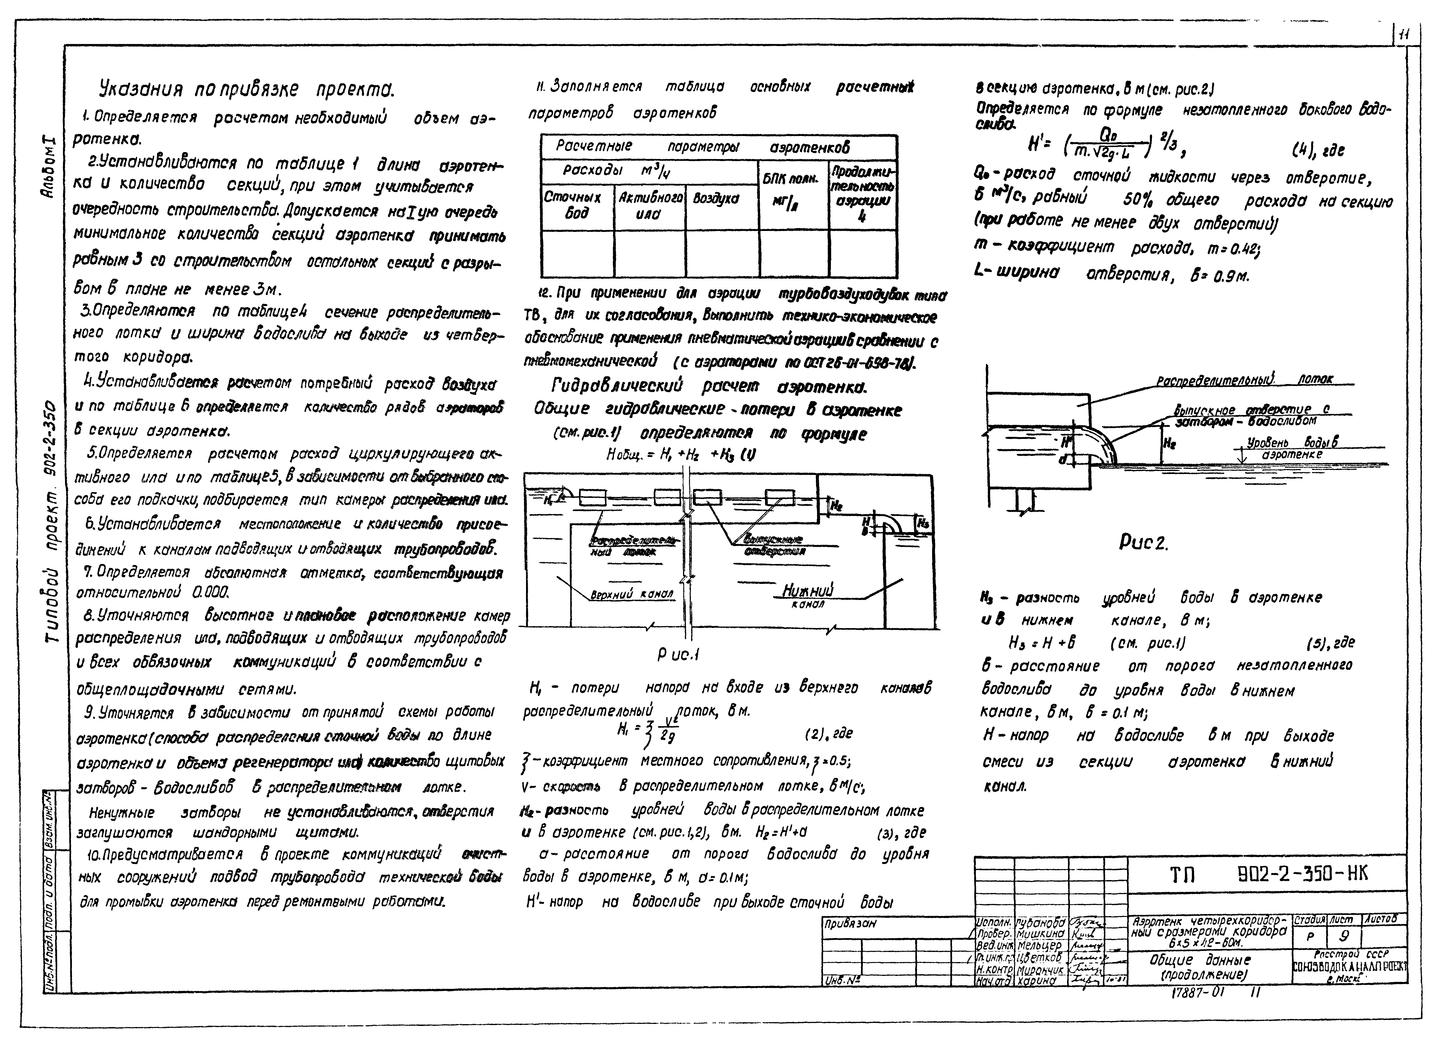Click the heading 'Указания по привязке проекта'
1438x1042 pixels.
247,90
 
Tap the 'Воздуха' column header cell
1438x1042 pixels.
717,199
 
